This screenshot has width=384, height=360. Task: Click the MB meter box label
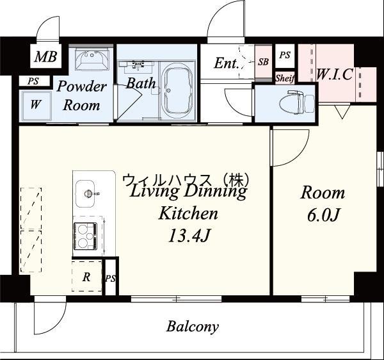pyautogui.click(x=46, y=56)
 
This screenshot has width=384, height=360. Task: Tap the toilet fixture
pyautogui.click(x=297, y=103)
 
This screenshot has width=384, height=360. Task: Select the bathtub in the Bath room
pyautogui.click(x=177, y=90)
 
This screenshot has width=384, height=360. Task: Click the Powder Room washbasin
pyautogui.click(x=92, y=60)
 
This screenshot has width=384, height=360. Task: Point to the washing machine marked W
pyautogui.click(x=36, y=106)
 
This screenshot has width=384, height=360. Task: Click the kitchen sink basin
pyautogui.click(x=84, y=193)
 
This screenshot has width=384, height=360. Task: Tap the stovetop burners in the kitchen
pyautogui.click(x=85, y=236)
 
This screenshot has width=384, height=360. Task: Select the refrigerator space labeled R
pyautogui.click(x=86, y=277)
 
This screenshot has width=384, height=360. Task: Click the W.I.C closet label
pyautogui.click(x=335, y=74)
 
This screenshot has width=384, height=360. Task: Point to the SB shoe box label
pyautogui.click(x=263, y=62)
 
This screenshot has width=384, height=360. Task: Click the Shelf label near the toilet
pyautogui.click(x=285, y=78)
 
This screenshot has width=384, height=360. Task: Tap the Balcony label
pyautogui.click(x=193, y=327)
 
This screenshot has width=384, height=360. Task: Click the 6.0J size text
pyautogui.click(x=323, y=216)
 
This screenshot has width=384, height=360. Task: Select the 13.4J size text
pyautogui.click(x=189, y=236)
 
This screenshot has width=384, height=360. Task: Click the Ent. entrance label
pyautogui.click(x=227, y=63)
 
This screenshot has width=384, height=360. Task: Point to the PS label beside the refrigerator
pyautogui.click(x=111, y=279)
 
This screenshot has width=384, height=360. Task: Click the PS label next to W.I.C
pyautogui.click(x=285, y=55)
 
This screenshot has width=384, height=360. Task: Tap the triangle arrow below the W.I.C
pyautogui.click(x=342, y=113)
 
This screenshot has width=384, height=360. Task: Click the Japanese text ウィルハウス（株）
pyautogui.click(x=186, y=181)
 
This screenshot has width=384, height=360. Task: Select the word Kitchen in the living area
pyautogui.click(x=188, y=213)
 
